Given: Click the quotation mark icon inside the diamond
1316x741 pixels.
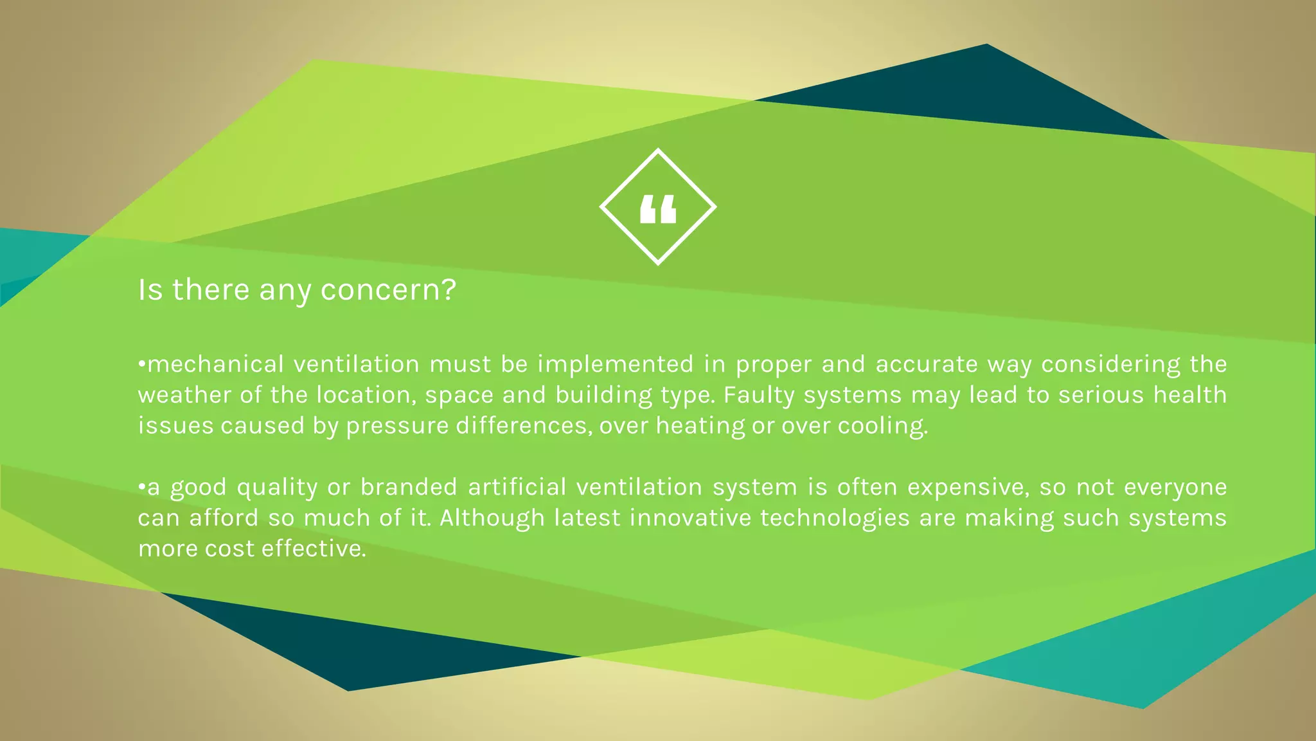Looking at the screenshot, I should tap(658, 210).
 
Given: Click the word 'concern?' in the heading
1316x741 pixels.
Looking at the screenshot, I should tap(388, 290).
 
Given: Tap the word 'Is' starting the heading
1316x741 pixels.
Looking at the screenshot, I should tap(150, 290).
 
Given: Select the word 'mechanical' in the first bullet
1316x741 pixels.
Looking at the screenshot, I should tap(215, 364).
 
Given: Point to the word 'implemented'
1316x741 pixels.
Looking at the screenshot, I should tap(616, 364).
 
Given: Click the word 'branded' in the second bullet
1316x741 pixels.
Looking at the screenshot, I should tap(409, 487).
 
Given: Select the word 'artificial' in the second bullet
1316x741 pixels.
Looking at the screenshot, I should tap(517, 487).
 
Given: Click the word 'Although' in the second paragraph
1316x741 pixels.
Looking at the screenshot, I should tap(492, 518).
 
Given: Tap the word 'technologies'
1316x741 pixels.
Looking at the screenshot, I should tap(835, 518).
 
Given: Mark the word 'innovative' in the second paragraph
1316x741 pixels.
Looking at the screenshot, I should tap(690, 518).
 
